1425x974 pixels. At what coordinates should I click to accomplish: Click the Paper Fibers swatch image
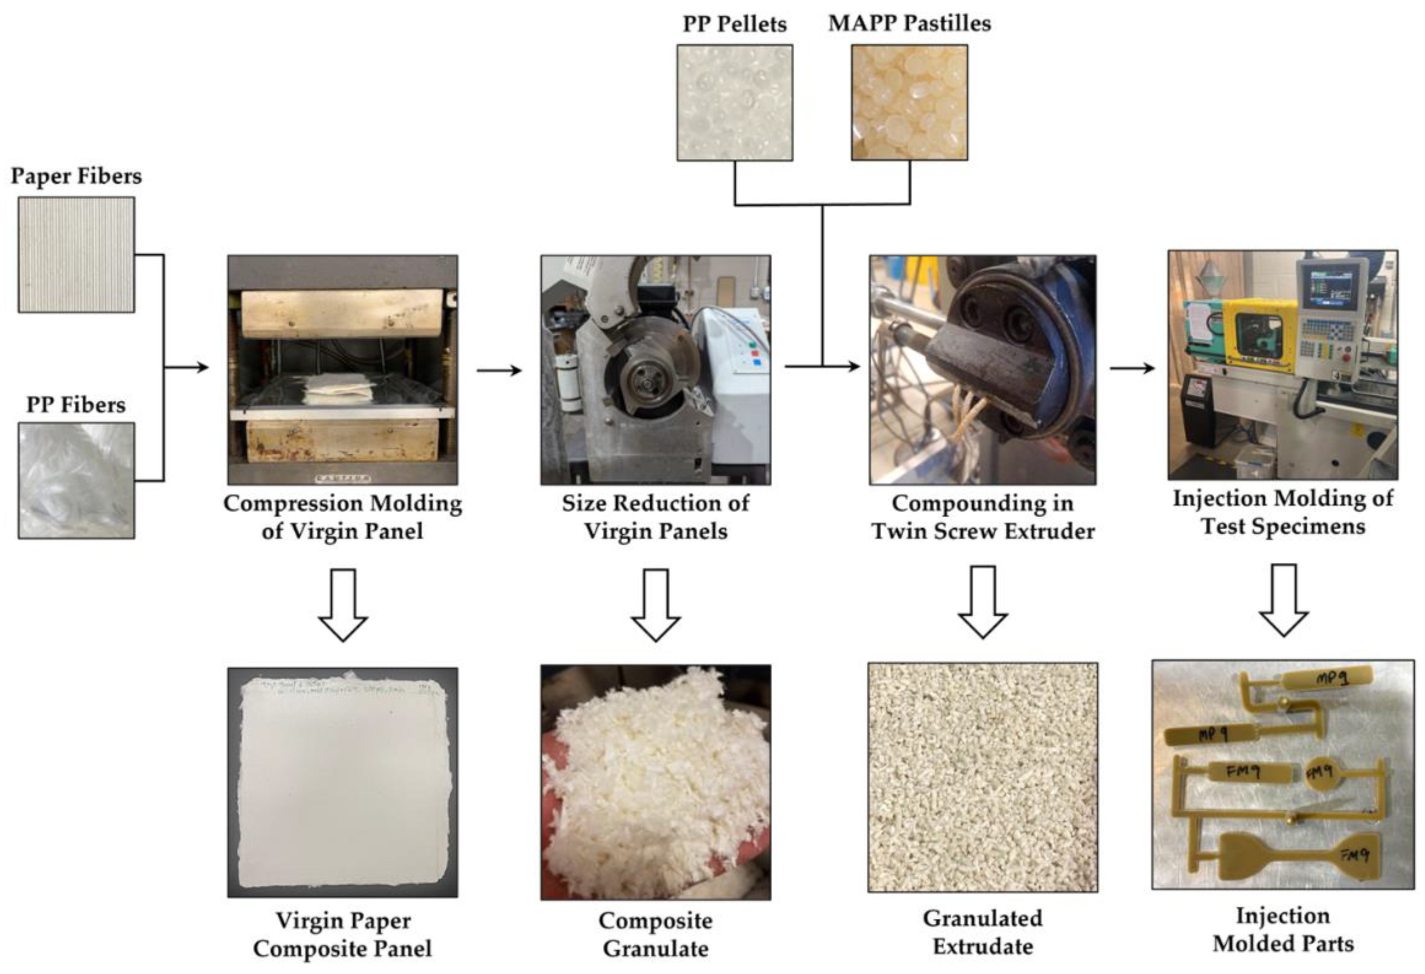76,254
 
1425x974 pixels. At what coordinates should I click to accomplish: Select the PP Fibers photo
76,481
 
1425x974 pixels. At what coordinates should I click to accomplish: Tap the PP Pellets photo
735,102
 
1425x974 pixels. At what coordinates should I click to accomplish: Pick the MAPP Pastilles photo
909,102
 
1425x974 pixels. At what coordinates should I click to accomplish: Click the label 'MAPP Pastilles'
909,23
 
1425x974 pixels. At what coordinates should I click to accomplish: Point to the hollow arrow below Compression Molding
343,604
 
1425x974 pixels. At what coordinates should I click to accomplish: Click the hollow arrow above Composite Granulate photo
656,604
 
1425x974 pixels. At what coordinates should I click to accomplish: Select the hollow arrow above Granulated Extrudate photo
982,602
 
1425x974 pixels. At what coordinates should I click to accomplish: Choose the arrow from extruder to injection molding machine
1132,368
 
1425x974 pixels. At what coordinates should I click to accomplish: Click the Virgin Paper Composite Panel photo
343,783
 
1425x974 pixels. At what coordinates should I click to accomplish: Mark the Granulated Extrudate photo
982,777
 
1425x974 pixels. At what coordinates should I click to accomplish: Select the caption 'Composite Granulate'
656,934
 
